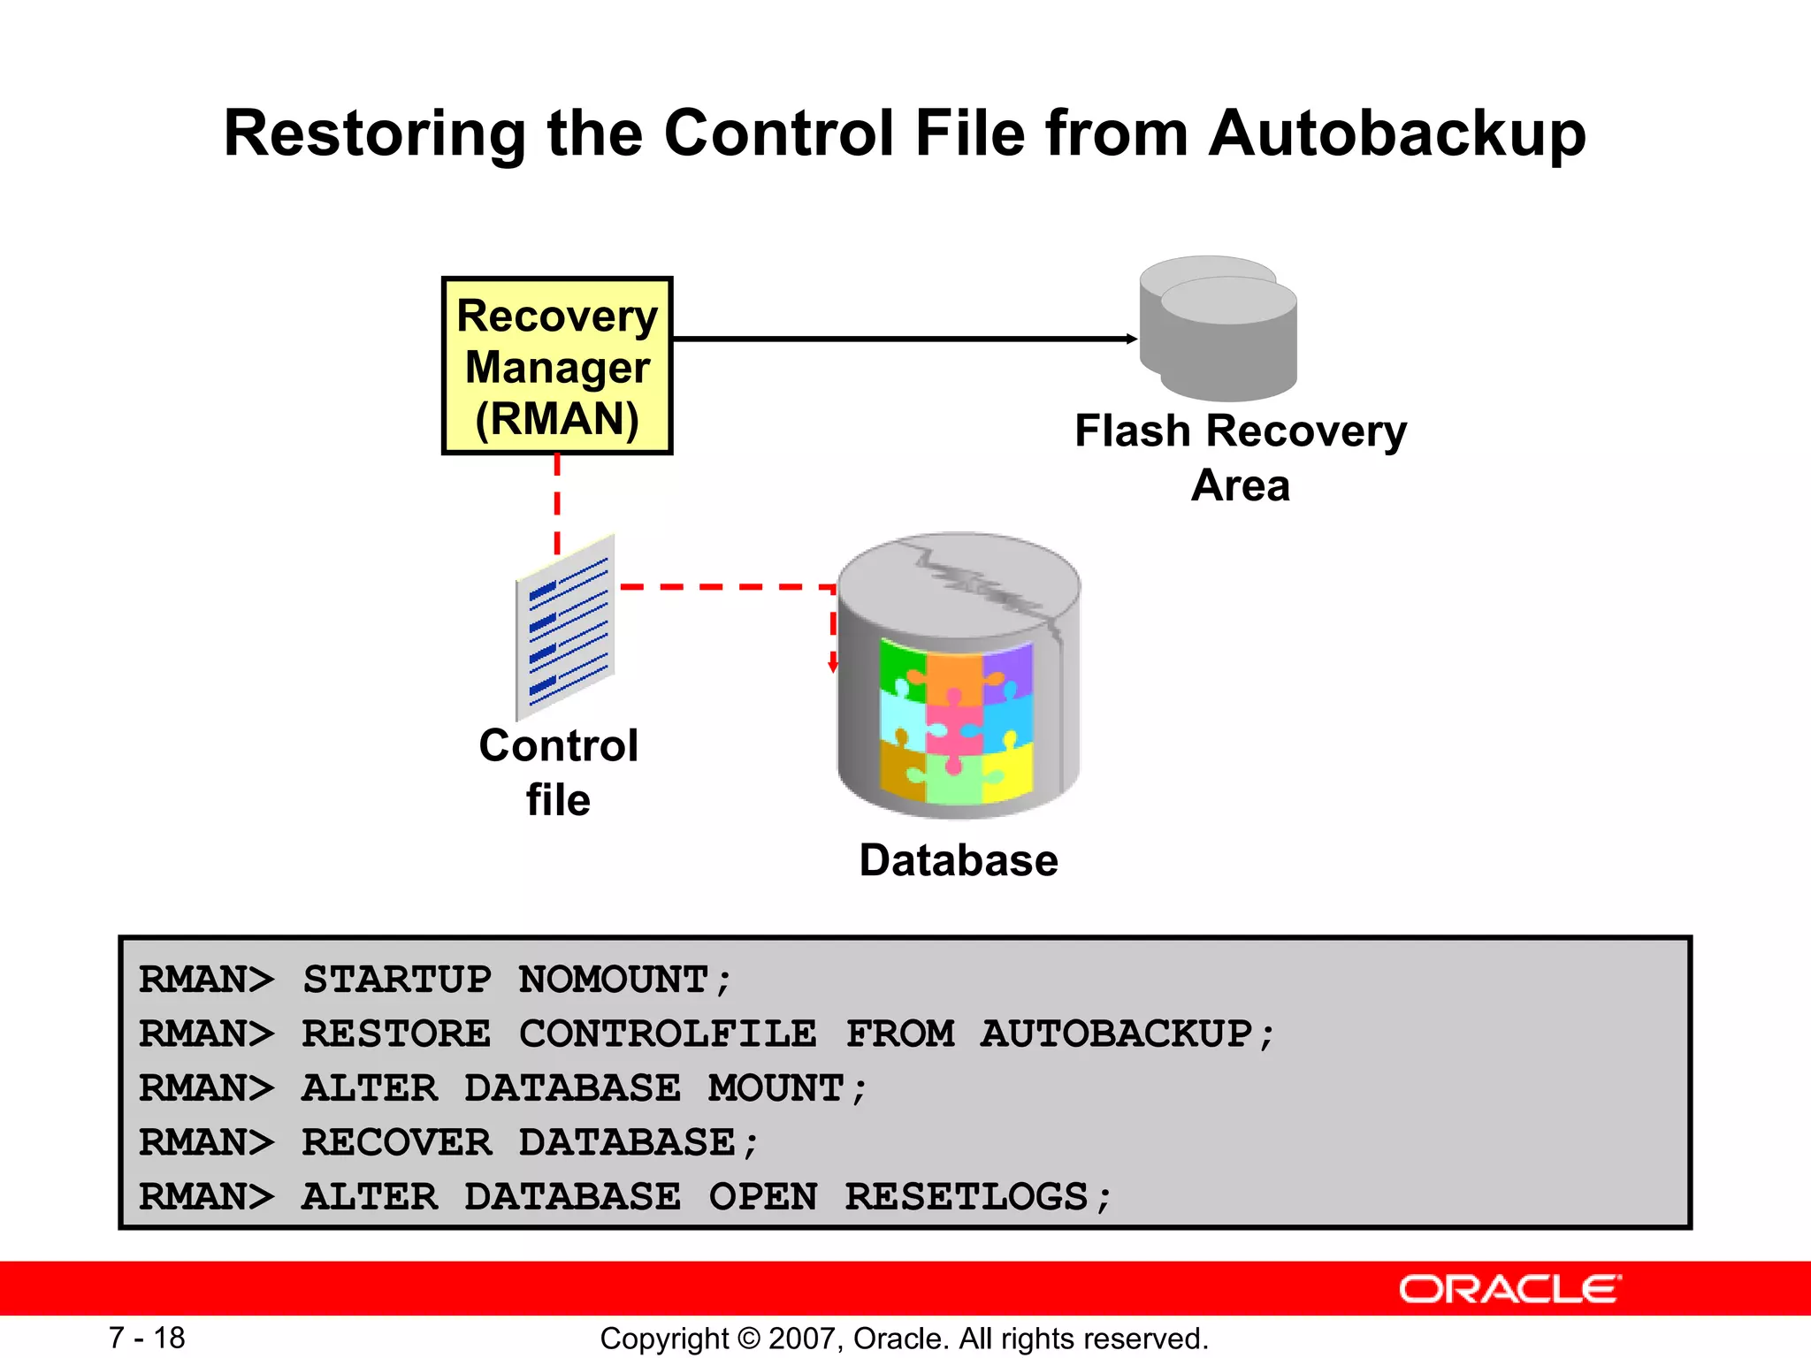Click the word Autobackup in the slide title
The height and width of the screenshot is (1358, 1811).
coord(1397,134)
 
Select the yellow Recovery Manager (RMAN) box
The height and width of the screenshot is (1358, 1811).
coord(557,366)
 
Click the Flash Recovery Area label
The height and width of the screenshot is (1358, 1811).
coord(1240,457)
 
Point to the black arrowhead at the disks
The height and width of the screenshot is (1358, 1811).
coord(1131,339)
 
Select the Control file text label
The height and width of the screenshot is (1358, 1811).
coord(558,771)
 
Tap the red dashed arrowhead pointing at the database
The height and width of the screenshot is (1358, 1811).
coord(832,666)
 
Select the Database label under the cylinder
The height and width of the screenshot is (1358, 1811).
coord(959,860)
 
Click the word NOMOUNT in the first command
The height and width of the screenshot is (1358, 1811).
coord(614,980)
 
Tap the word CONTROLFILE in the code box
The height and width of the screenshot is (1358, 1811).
coord(668,1034)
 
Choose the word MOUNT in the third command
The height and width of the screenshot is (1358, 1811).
coord(776,1088)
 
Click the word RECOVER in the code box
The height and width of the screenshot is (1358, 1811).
coord(396,1142)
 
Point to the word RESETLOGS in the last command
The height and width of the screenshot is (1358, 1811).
coord(966,1197)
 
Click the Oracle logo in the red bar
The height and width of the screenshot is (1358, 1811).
coord(1509,1289)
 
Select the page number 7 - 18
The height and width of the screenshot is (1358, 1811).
coord(147,1338)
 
